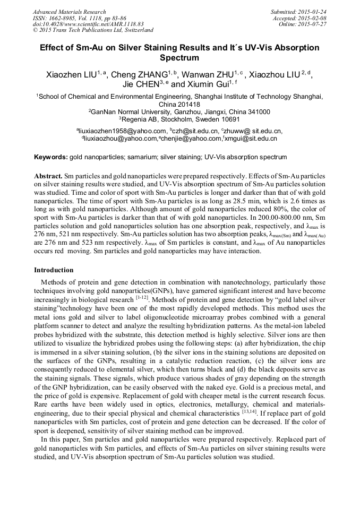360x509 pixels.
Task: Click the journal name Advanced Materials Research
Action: [69, 12]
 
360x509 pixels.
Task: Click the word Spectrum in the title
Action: [179, 58]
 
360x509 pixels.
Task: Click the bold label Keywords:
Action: [51, 157]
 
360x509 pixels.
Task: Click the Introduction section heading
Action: [54, 270]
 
